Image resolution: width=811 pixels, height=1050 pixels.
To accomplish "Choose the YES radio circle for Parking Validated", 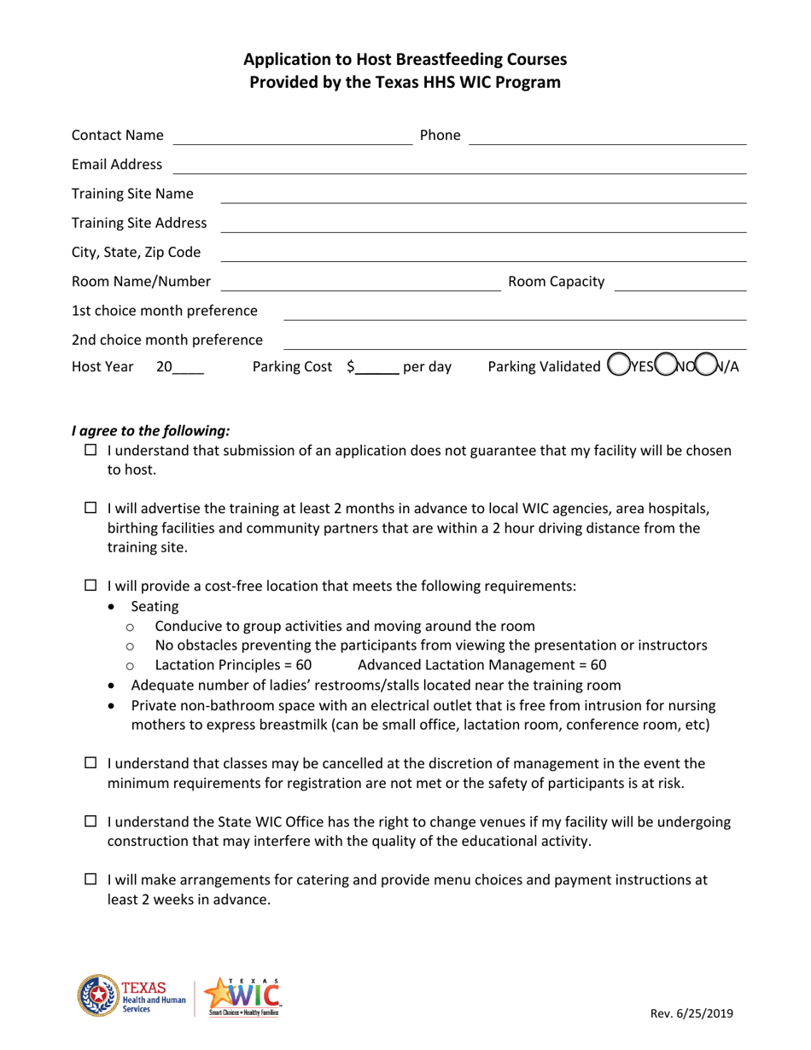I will [617, 368].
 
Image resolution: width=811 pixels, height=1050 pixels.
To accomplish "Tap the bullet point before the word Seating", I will [116, 607].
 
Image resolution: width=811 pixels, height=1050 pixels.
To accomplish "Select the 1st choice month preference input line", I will [515, 314].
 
